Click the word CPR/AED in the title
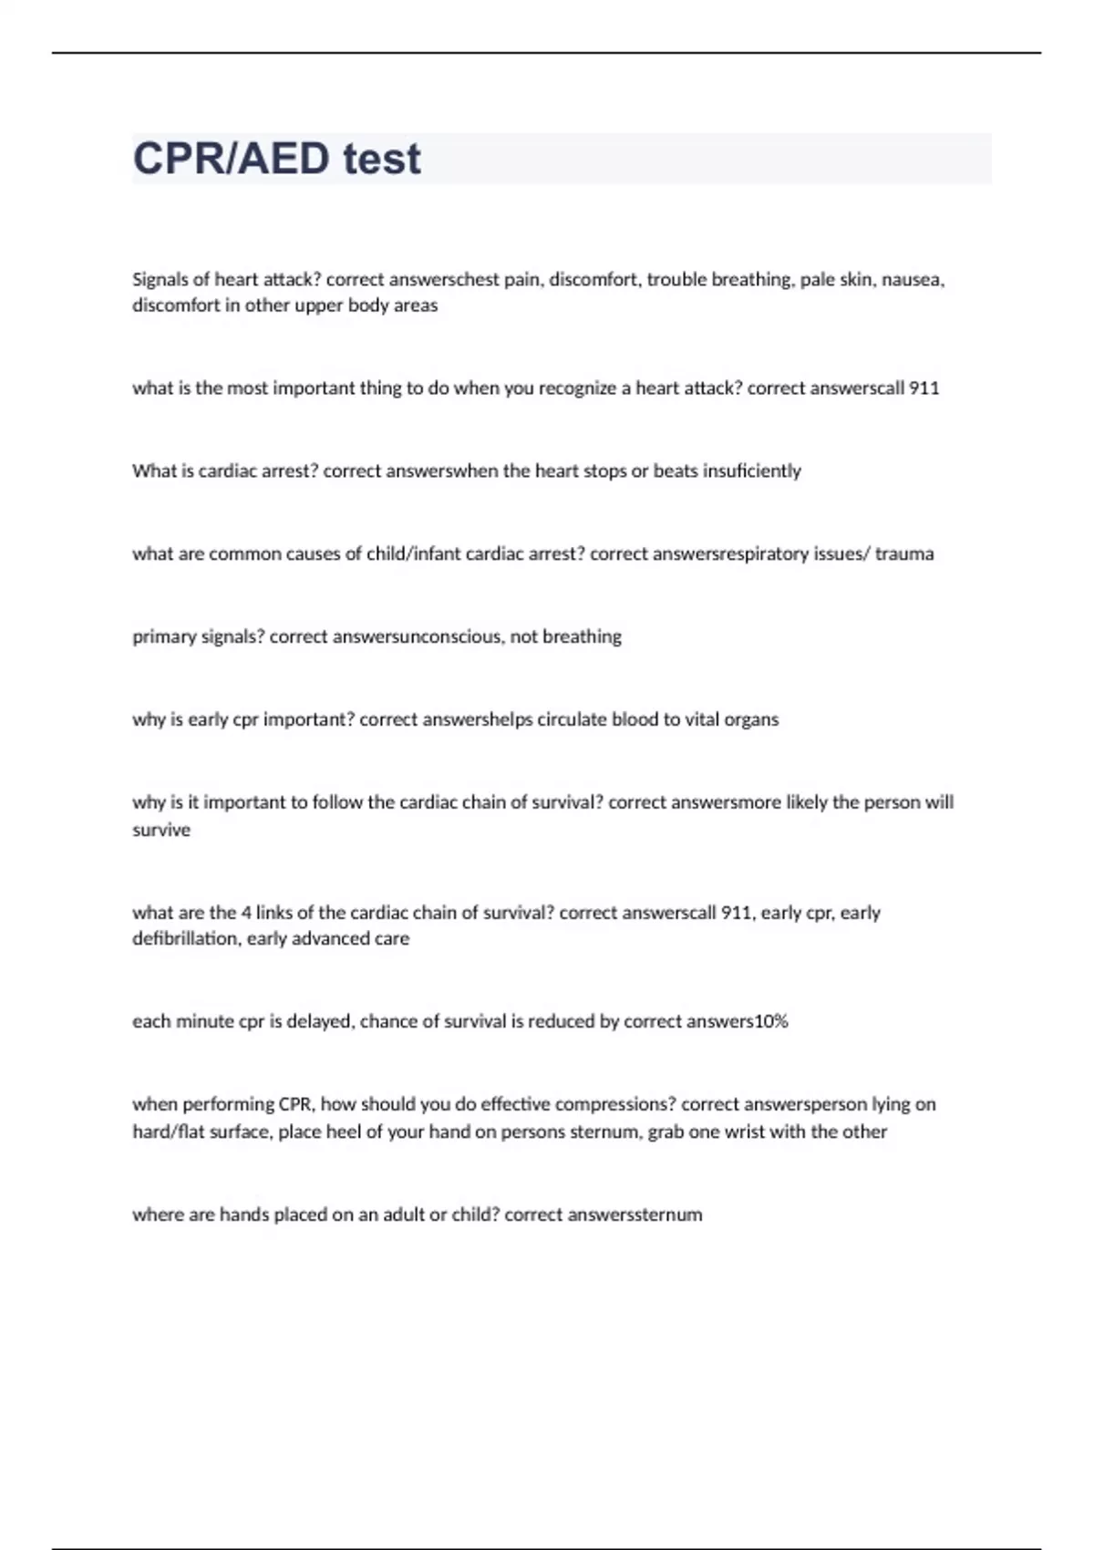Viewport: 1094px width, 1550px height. pyautogui.click(x=232, y=159)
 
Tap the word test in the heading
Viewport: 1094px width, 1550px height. pyautogui.click(x=382, y=159)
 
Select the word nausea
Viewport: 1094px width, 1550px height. pyautogui.click(x=913, y=280)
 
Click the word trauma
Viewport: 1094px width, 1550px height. pyautogui.click(x=904, y=554)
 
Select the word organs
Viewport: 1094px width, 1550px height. pyautogui.click(x=751, y=719)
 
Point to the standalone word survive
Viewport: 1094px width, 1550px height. pyautogui.click(x=161, y=831)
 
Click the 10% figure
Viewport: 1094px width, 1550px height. pyautogui.click(x=770, y=1022)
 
